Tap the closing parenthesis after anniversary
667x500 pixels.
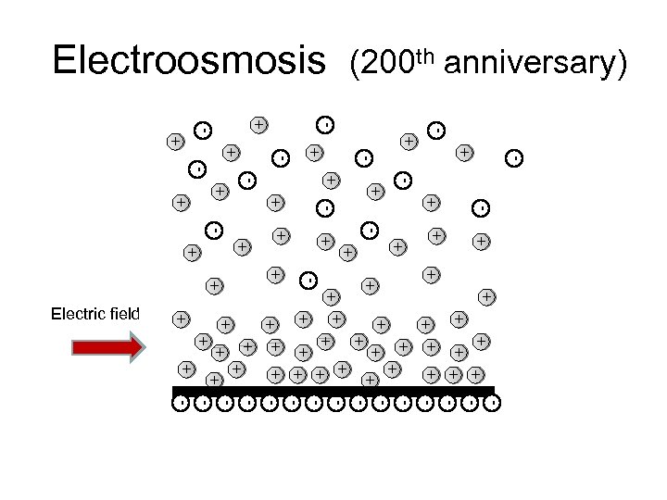pyautogui.click(x=623, y=64)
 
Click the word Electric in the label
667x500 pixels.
pyautogui.click(x=75, y=314)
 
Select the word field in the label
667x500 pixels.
pyautogui.click(x=121, y=314)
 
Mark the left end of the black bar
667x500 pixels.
pyautogui.click(x=174, y=391)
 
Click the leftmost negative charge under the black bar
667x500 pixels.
pyautogui.click(x=181, y=403)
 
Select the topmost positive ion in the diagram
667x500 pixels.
pyautogui.click(x=259, y=123)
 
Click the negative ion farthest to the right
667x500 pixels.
pyautogui.click(x=514, y=157)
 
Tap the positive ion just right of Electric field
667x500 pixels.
pyautogui.click(x=182, y=319)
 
